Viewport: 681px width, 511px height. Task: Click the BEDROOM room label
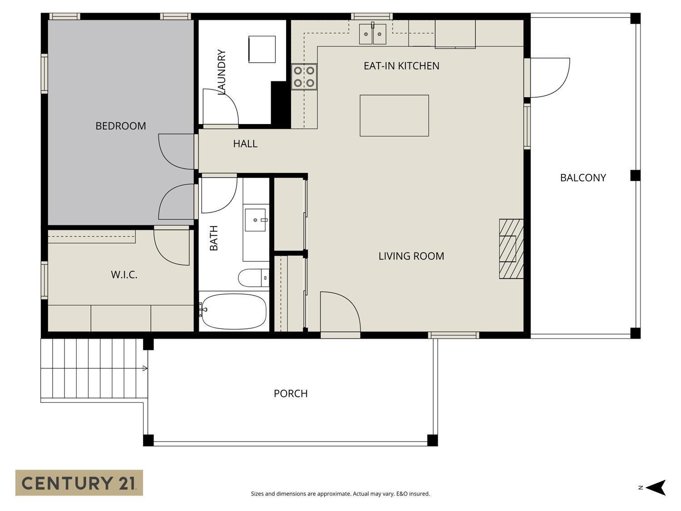121,126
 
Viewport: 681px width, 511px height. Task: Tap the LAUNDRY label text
222,72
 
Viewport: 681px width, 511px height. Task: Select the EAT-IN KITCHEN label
401,66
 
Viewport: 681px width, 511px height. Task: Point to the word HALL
245,144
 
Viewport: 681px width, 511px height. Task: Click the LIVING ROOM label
411,256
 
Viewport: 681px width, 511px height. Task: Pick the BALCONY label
583,178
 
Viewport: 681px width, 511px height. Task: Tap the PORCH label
291,393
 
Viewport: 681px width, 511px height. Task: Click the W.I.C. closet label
124,275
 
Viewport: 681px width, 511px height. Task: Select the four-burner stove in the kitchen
304,77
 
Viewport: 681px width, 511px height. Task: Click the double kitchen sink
373,34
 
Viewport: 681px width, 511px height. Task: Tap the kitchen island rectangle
394,115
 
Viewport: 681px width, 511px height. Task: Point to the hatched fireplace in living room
511,249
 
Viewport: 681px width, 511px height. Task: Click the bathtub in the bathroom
234,311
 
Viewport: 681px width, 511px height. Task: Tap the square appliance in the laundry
262,49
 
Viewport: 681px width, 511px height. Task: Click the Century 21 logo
79,482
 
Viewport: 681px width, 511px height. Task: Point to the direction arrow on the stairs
145,368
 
